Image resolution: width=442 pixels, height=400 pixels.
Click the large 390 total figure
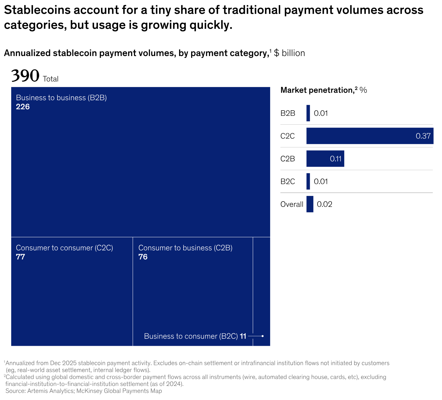[25, 76]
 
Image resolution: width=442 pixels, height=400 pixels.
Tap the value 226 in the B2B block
[23, 107]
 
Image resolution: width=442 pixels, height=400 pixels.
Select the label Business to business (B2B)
[61, 98]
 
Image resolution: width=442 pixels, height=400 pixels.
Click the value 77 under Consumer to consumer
[20, 257]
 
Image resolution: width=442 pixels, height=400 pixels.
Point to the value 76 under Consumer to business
[143, 257]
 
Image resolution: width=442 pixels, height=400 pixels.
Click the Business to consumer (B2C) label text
[191, 336]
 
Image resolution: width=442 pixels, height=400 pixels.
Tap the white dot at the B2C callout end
[262, 336]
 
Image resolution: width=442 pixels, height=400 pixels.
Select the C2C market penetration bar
[370, 136]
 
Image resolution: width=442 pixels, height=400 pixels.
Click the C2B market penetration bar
[325, 159]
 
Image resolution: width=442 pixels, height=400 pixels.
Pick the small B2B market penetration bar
[308, 113]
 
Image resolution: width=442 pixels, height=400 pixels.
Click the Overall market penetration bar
[310, 204]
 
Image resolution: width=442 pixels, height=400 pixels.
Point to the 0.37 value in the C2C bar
[423, 136]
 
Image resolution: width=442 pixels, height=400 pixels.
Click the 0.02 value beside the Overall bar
[324, 204]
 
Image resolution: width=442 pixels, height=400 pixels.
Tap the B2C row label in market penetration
[288, 182]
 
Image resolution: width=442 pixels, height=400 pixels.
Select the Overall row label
[292, 204]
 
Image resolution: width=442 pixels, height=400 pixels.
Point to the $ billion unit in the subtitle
[289, 53]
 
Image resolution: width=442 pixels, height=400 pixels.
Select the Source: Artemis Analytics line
[84, 391]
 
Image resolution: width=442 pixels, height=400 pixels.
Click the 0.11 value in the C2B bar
[335, 159]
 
